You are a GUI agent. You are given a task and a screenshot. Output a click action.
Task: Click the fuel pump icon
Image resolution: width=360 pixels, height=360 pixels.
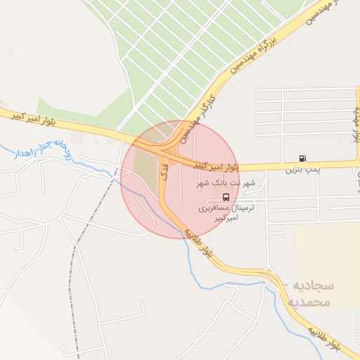click(302, 159)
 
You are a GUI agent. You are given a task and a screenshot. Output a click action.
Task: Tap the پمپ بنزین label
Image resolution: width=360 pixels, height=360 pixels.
click(302, 170)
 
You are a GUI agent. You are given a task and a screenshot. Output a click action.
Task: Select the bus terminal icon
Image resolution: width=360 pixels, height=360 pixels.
click(226, 197)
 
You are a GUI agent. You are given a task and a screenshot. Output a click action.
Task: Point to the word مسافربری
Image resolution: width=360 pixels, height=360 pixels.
click(217, 208)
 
